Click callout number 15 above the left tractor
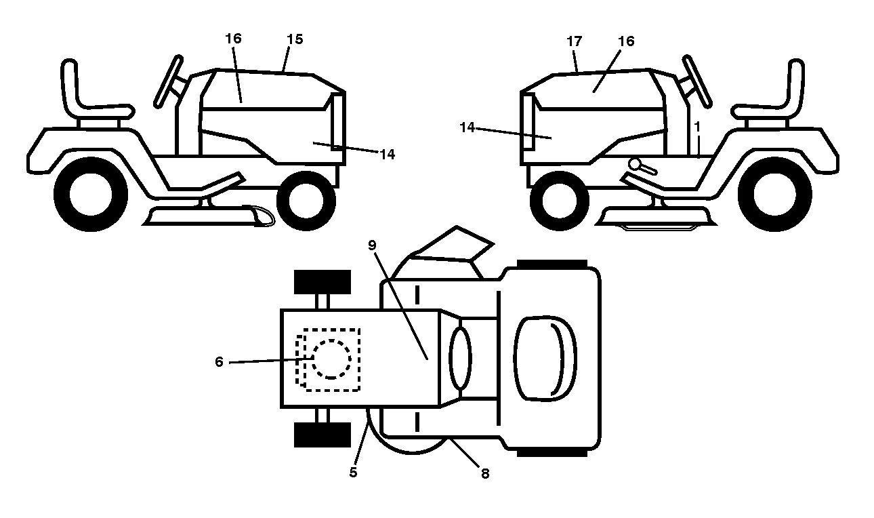pyautogui.click(x=295, y=39)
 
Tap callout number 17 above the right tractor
pyautogui.click(x=575, y=41)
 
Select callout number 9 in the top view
pyautogui.click(x=372, y=245)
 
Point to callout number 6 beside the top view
pyautogui.click(x=219, y=362)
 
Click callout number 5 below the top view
pyautogui.click(x=353, y=473)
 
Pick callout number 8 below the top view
pyautogui.click(x=485, y=474)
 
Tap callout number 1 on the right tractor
pyautogui.click(x=697, y=127)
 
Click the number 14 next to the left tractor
pyautogui.click(x=387, y=155)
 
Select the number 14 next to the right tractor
pyautogui.click(x=467, y=127)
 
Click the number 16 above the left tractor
pyautogui.click(x=233, y=38)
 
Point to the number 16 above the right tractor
pyautogui.click(x=626, y=41)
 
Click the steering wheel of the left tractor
pyautogui.click(x=168, y=81)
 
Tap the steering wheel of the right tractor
pyautogui.click(x=697, y=81)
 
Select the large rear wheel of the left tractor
pyautogui.click(x=91, y=194)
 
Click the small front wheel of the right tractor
pyautogui.click(x=560, y=201)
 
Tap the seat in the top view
pyautogui.click(x=545, y=359)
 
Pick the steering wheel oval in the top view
pyautogui.click(x=461, y=359)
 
